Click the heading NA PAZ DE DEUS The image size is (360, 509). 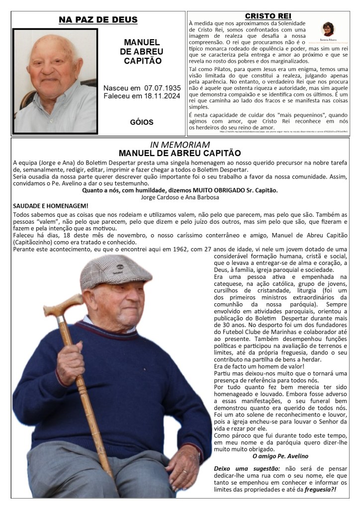point(98,20)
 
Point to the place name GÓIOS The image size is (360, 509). point(142,122)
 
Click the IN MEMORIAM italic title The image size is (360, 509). point(180,144)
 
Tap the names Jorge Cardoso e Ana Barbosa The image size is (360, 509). point(180,197)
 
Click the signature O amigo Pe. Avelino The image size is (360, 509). point(280,456)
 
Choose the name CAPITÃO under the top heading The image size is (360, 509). point(142,61)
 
